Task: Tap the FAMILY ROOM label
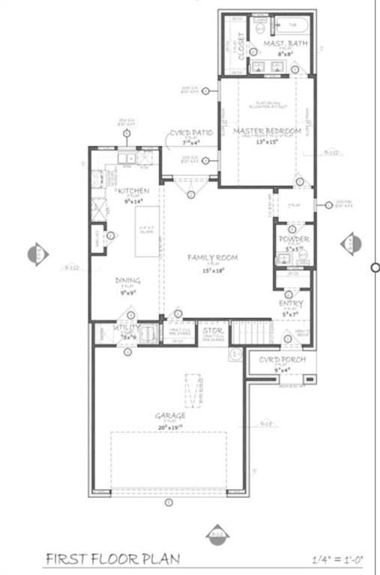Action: point(213,258)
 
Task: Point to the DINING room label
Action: point(127,281)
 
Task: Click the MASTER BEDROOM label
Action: point(267,132)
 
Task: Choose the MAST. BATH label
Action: point(283,45)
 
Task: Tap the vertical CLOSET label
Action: point(241,46)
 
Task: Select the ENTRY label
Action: point(291,303)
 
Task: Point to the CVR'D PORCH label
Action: point(280,360)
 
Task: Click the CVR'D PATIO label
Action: point(190,133)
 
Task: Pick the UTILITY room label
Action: point(126,328)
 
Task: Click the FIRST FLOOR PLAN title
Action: point(112,559)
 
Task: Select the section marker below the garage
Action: point(217,532)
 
